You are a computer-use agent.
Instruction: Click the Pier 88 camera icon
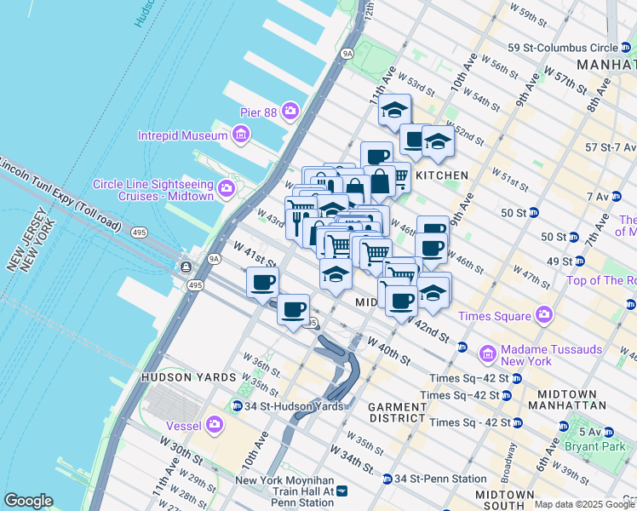[290, 111]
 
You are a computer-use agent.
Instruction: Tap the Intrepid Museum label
[183, 135]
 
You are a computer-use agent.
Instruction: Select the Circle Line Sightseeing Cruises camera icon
[227, 188]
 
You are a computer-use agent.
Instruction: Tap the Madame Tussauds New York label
[552, 355]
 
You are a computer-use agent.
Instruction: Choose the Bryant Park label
[605, 445]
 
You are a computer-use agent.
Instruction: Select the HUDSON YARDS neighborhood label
[188, 376]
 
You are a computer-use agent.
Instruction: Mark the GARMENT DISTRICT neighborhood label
[396, 413]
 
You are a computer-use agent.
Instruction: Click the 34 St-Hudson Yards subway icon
[236, 405]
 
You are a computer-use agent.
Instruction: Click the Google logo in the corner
[28, 501]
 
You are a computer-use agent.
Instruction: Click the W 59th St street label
[532, 15]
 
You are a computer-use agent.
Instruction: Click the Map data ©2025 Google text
[584, 504]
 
